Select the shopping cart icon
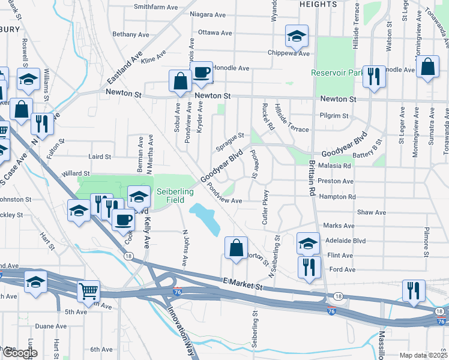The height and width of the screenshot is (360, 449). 89,291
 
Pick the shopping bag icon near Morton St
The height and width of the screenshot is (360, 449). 237,247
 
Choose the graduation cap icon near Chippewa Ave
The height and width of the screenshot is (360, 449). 297,36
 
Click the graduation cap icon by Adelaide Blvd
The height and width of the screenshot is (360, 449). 309,244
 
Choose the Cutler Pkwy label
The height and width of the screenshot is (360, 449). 265,208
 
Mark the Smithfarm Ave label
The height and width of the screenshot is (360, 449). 156,7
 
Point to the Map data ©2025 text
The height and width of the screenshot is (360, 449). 423,355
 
